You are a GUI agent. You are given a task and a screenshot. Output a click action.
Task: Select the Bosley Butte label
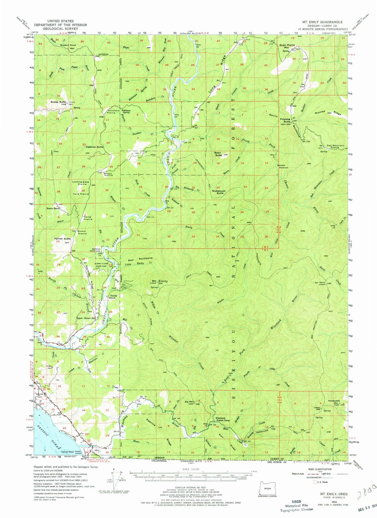tap(59, 102)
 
